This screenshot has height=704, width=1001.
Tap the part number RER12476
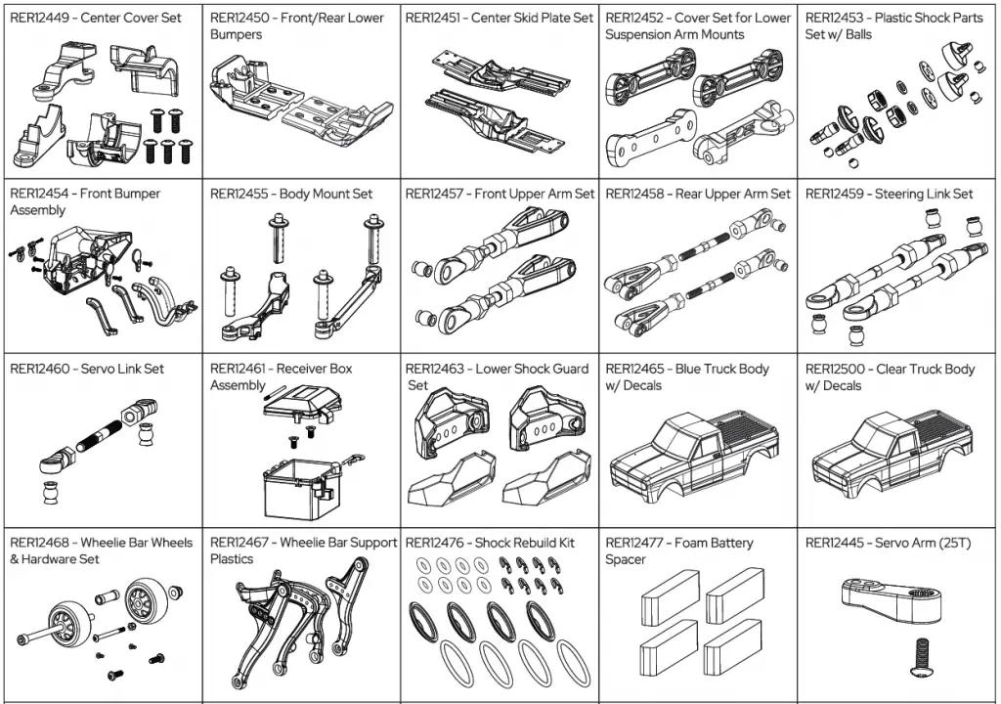(x=435, y=543)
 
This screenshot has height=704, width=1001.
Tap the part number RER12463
(x=435, y=369)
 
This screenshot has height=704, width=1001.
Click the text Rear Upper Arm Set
(x=733, y=194)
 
